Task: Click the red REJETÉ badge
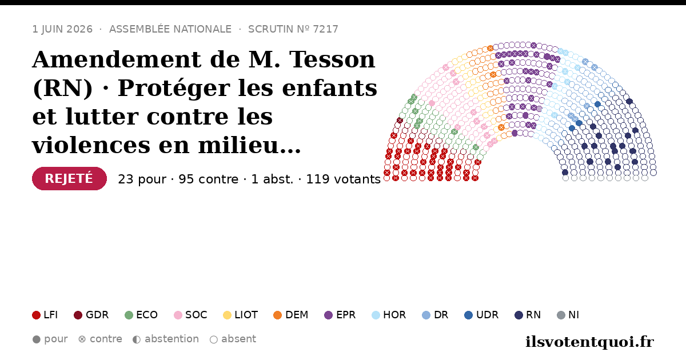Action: (x=69, y=178)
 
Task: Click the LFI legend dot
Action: (x=36, y=315)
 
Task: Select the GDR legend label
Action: (x=97, y=315)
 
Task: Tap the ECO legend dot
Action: (x=129, y=315)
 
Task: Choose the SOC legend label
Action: (x=196, y=315)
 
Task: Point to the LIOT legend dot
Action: (x=227, y=315)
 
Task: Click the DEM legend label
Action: (x=297, y=315)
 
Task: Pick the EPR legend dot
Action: (x=328, y=315)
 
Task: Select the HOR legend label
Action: (x=394, y=315)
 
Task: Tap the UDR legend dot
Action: (x=469, y=315)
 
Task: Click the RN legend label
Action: (x=533, y=315)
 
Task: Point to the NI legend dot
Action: (x=561, y=315)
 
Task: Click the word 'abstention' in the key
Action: (x=172, y=339)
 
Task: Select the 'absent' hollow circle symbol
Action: (x=213, y=339)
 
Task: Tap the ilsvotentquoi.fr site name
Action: (x=589, y=342)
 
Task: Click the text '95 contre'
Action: (x=208, y=179)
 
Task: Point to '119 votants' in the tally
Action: (x=344, y=179)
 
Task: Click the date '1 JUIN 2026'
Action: (x=62, y=29)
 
